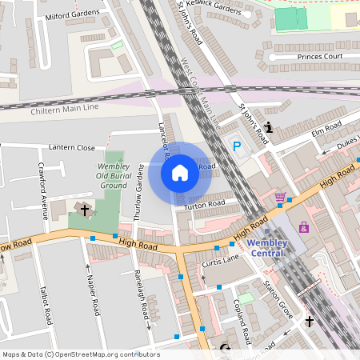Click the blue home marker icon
180,172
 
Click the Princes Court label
320,57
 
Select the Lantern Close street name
72,147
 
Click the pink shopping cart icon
280,197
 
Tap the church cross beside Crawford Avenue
85,210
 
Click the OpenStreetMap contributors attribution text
80,354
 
